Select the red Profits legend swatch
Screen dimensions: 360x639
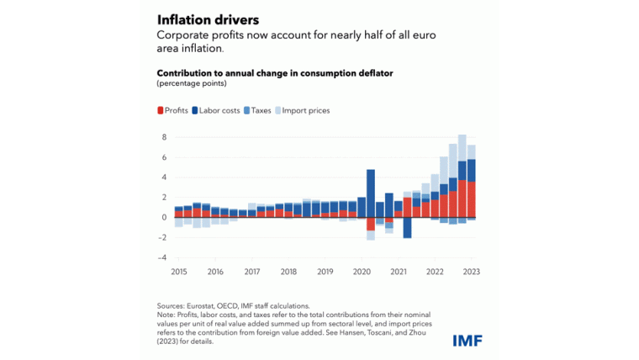coord(161,110)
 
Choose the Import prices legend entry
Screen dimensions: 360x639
coord(305,110)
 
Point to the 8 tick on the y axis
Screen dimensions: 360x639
coord(165,137)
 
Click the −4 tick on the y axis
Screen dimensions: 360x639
coord(163,258)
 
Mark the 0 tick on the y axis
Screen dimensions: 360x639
coord(165,218)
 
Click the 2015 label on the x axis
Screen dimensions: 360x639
coord(178,272)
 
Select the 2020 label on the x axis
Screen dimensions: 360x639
coord(362,272)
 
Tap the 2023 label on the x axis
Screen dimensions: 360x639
coord(471,272)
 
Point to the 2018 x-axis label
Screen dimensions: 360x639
coord(288,272)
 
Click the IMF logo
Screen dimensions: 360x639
coord(467,340)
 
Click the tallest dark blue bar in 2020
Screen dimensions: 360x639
coord(371,193)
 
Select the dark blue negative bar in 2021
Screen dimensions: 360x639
coord(408,228)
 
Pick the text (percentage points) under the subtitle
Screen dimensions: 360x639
coord(191,83)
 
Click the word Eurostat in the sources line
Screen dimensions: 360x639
coord(201,306)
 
